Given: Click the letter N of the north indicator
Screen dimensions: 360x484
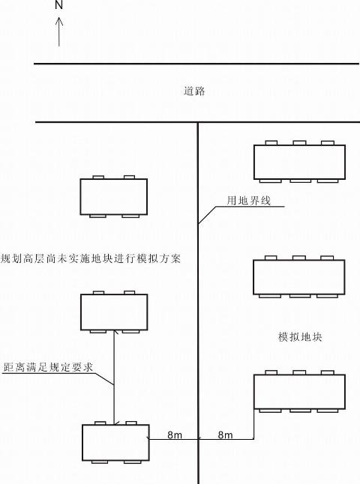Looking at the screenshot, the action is [x=58, y=5].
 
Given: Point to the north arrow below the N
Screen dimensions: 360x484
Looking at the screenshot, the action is [x=59, y=31].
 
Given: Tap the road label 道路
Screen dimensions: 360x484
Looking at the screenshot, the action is [x=194, y=91].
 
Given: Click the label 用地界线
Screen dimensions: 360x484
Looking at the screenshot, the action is [x=249, y=201].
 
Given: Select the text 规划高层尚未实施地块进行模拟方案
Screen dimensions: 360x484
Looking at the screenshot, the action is [x=91, y=258].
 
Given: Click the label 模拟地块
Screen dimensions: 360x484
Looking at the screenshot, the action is [x=300, y=336].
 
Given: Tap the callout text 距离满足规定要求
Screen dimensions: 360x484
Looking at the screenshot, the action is [x=48, y=367].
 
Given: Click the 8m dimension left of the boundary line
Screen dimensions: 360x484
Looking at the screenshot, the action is [x=175, y=435].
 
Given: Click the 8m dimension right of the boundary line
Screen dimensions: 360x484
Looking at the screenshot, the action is [x=225, y=435].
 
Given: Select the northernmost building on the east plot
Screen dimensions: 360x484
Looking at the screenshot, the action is [x=299, y=162].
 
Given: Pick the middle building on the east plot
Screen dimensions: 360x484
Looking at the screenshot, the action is [x=298, y=277].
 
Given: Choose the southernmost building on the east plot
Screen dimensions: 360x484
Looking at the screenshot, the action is [x=299, y=392].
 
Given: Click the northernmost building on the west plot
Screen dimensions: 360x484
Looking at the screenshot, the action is [x=114, y=196].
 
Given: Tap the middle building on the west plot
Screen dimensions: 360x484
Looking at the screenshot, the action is [x=114, y=312].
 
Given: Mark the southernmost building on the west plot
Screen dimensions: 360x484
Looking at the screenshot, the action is [x=116, y=443].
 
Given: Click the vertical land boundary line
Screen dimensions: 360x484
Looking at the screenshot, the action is [x=198, y=303].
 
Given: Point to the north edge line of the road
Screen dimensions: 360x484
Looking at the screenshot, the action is [x=196, y=64].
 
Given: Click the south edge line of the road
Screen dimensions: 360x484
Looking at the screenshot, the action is [x=198, y=122].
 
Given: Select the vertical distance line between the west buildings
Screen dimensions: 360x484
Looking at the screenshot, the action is [x=114, y=378].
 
